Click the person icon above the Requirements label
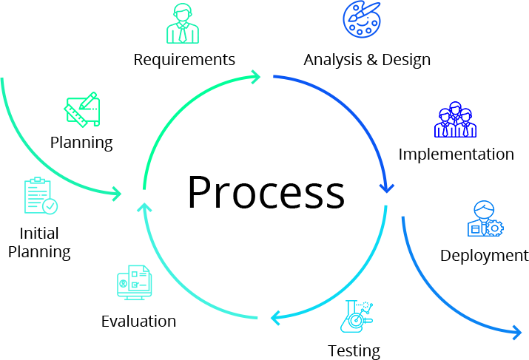pos(182,23)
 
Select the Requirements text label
pos(184,60)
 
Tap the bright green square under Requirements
pos(200,132)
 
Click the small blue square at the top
pos(361,19)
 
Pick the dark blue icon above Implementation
pos(455,119)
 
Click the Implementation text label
pos(456,154)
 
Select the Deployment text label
pos(484,256)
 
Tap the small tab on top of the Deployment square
pos(485,208)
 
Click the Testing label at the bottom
pos(354,352)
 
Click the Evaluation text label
pos(138,322)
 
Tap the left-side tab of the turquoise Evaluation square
pos(129,282)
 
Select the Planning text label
pos(81,143)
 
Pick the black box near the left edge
pos(41,244)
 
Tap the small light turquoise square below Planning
pos(41,196)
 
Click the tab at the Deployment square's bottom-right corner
pos(517,333)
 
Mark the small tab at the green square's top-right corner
pos(256,77)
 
